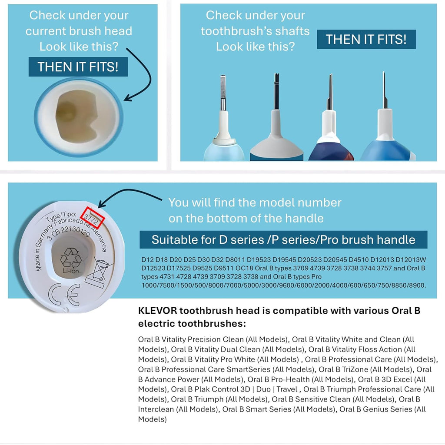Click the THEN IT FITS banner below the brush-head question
click(78, 67)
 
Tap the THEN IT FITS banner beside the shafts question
click(366, 40)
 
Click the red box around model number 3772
click(94, 217)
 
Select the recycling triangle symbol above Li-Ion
click(70, 257)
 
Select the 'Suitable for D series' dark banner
click(283, 239)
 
